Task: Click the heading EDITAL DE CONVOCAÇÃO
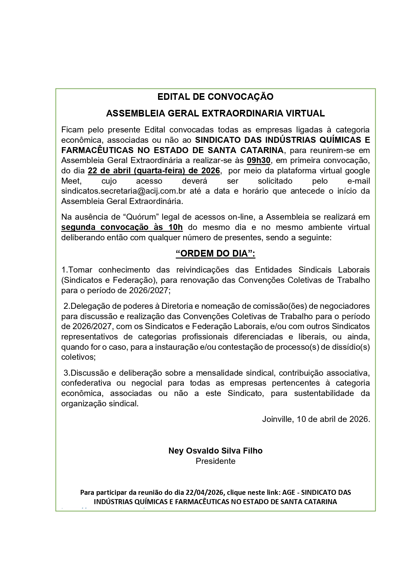click(x=215, y=97)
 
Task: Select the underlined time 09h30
click(x=259, y=160)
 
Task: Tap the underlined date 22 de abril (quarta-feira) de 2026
click(x=154, y=171)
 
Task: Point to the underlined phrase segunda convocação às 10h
click(x=122, y=227)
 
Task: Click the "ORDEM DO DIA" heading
click(x=215, y=254)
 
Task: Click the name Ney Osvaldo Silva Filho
click(x=215, y=451)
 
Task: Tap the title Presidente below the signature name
click(x=215, y=461)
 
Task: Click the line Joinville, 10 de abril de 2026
click(x=316, y=419)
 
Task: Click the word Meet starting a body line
click(x=71, y=181)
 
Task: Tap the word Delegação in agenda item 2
click(x=89, y=306)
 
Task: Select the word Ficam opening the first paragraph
click(x=72, y=129)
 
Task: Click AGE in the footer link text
click(x=288, y=492)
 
